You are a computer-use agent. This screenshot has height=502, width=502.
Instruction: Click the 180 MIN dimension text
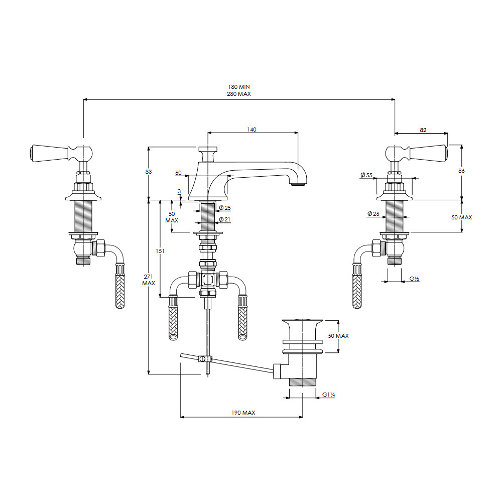(239, 87)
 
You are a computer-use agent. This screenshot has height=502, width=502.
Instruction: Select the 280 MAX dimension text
(239, 94)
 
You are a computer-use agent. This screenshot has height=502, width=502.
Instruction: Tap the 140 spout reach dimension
(252, 130)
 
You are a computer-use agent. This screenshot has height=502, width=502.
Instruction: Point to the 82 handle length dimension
(423, 130)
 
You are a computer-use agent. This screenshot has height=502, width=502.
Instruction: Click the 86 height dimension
(461, 171)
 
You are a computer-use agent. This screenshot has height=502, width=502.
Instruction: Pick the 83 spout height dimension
(148, 172)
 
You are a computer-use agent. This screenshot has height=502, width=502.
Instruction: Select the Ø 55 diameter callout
(366, 175)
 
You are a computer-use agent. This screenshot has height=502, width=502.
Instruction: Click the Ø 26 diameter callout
(373, 213)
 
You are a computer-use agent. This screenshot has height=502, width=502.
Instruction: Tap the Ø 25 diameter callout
(225, 208)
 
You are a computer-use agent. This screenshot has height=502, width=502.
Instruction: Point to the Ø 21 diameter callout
(225, 219)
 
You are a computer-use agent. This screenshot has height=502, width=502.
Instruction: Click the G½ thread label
(414, 279)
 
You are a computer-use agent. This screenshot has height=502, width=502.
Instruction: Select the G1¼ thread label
(328, 395)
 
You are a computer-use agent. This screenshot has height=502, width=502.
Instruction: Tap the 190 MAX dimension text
(243, 413)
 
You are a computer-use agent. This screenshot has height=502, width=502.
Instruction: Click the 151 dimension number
(160, 251)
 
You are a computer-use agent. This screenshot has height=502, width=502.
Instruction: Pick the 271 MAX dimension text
(149, 280)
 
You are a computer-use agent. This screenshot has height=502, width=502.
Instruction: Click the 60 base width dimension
(178, 173)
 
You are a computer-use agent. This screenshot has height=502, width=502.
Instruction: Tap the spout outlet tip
(298, 184)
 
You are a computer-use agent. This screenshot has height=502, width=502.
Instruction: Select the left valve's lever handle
(61, 153)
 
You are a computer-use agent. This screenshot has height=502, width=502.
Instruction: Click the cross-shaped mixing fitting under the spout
(208, 280)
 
